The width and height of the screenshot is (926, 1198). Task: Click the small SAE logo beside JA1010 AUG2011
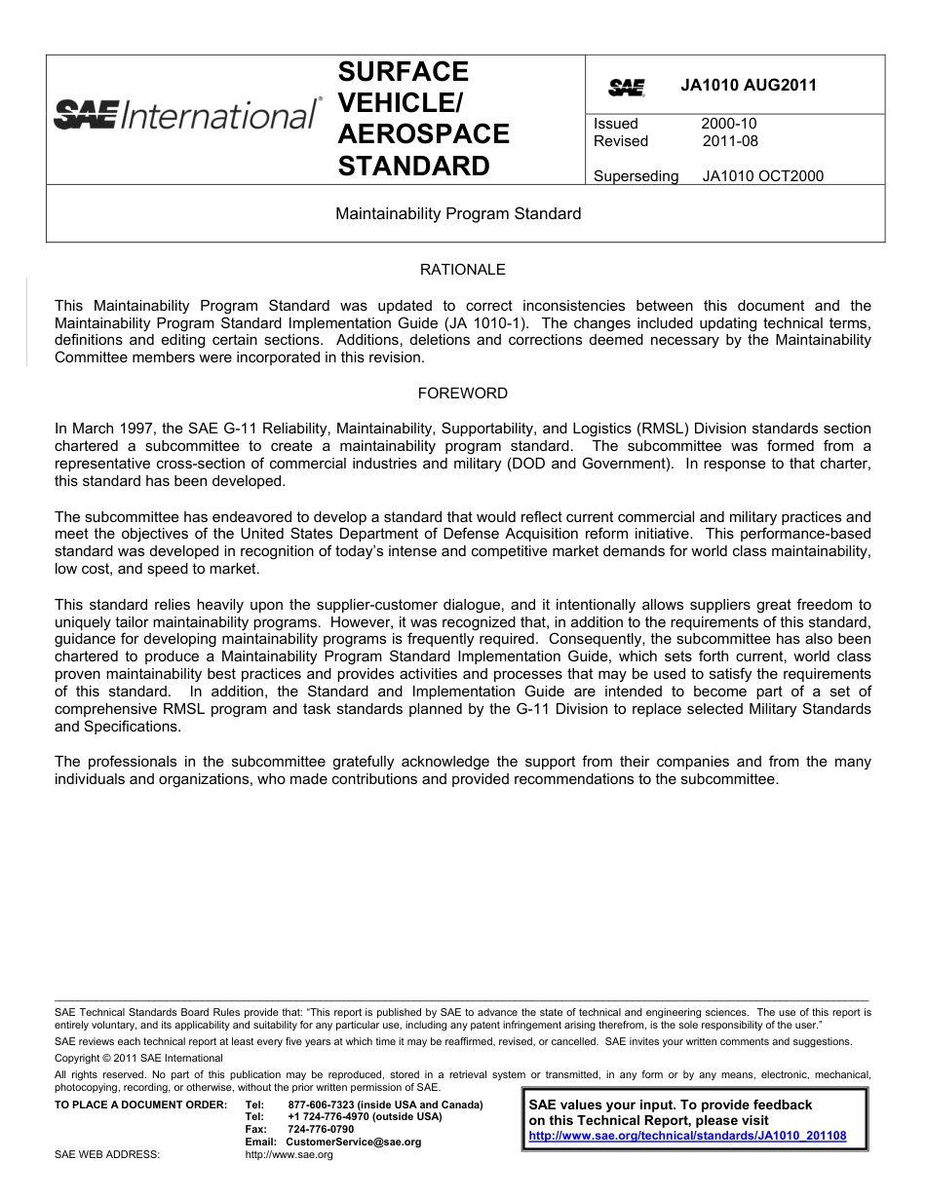point(627,88)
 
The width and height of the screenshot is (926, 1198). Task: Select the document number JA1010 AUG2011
point(749,85)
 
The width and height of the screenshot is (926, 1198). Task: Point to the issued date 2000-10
point(728,124)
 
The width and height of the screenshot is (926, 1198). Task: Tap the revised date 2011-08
point(730,141)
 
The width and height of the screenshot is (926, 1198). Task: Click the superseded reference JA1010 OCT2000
point(762,176)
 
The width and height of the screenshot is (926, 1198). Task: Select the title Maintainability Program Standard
point(458,213)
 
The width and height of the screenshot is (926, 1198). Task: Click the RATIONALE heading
point(462,270)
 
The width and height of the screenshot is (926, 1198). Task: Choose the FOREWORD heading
point(462,393)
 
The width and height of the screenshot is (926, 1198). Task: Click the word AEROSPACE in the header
point(423,134)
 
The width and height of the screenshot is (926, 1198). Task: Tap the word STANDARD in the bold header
point(413,167)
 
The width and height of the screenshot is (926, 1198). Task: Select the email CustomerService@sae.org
point(353,1142)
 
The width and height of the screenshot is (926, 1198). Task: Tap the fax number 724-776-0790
point(321,1129)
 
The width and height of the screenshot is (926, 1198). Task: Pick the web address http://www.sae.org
point(289,1154)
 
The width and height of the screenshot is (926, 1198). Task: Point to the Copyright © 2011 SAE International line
point(138,1058)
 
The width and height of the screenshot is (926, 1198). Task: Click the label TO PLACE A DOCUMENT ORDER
point(140,1104)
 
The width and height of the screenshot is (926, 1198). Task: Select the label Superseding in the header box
point(636,176)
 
